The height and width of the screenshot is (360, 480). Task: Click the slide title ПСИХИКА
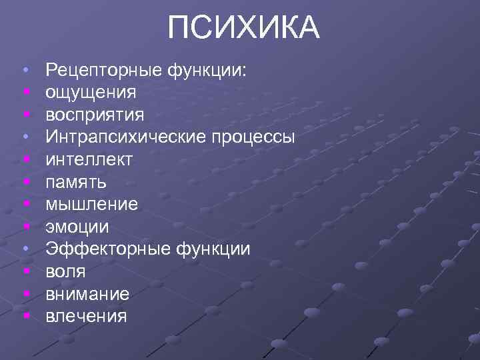(244, 29)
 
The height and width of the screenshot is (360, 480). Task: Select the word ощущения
(91, 93)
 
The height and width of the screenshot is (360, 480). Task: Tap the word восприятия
(95, 115)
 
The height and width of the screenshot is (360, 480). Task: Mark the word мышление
(91, 204)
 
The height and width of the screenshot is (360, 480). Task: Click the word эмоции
(77, 227)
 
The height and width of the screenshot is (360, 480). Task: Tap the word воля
(65, 271)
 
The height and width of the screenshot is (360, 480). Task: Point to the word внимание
(87, 293)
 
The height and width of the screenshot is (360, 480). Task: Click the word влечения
(85, 315)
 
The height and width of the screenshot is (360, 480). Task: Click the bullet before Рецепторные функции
(25, 70)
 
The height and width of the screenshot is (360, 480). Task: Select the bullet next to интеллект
(25, 159)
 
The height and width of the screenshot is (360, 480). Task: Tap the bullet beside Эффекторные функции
(25, 249)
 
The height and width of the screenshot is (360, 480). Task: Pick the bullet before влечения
(25, 315)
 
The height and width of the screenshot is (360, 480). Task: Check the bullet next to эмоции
(25, 227)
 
